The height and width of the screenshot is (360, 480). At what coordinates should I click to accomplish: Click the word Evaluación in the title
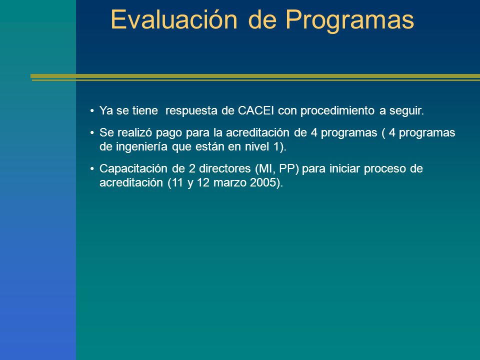[x=174, y=19]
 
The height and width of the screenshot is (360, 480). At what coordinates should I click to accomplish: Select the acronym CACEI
[x=256, y=110]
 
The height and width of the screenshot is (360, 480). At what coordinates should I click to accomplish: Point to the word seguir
[x=406, y=111]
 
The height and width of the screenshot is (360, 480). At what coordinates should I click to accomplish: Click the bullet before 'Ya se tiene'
[x=92, y=111]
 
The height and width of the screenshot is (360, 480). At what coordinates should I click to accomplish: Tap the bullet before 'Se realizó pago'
[x=92, y=133]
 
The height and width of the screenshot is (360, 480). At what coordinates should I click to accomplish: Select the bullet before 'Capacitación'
[x=92, y=168]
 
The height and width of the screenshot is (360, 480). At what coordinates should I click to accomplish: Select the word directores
[x=225, y=168]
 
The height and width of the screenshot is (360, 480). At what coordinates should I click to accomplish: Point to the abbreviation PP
[x=287, y=168]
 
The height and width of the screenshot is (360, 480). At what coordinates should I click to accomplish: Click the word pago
[x=169, y=133]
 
